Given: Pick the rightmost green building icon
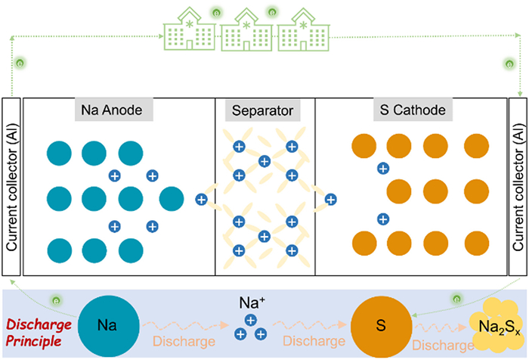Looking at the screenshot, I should point(302,31).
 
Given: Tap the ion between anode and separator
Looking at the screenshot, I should point(201,200).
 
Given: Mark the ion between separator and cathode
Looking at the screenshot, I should point(330,200).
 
